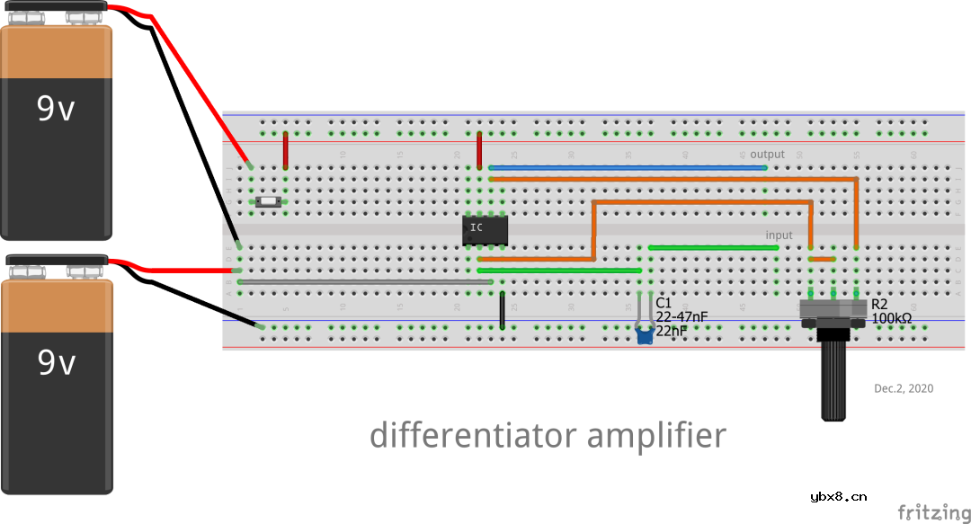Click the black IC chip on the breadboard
pos(485,230)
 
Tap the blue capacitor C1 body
pos(644,337)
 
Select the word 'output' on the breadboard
pos(767,155)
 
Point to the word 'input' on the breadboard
pos(779,235)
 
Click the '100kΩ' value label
pos(892,318)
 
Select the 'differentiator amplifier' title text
pos(548,436)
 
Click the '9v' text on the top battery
pos(56,109)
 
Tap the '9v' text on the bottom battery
pos(56,362)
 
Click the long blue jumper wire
pos(627,167)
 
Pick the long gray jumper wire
pos(364,281)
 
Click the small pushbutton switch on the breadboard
pos(268,202)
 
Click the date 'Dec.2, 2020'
pos(904,388)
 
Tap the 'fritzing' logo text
pos(933,512)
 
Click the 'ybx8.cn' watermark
pos(839,496)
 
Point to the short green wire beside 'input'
pos(714,247)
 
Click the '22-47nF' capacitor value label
pos(681,316)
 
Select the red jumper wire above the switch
pos(286,150)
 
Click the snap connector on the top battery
pos(56,10)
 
